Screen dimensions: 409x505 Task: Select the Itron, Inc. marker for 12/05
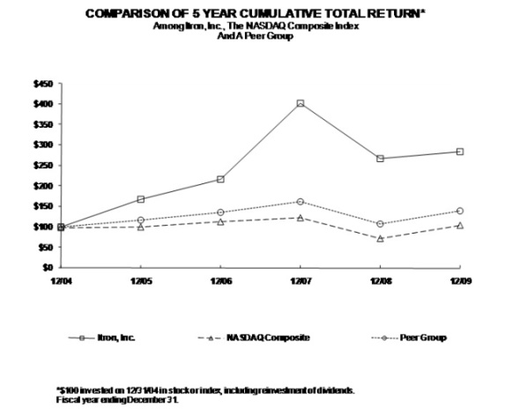[140, 199]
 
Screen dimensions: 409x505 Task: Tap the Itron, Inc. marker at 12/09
[460, 152]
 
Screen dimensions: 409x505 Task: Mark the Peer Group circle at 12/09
[460, 211]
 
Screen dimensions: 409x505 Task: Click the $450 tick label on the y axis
[42, 84]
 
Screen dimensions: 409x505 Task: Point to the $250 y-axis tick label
[42, 165]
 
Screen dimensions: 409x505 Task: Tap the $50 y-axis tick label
[44, 247]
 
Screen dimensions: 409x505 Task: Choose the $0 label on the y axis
[48, 267]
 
